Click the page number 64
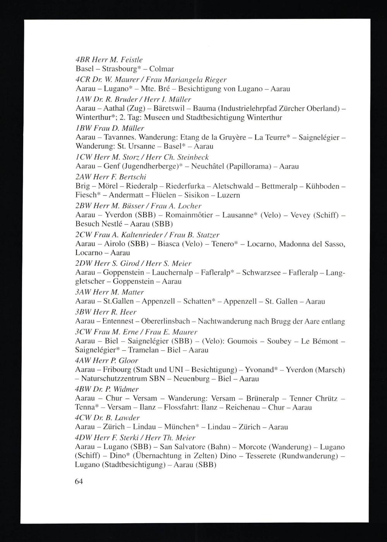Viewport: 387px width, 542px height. coord(79,482)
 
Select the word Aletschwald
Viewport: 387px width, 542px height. coord(235,186)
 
